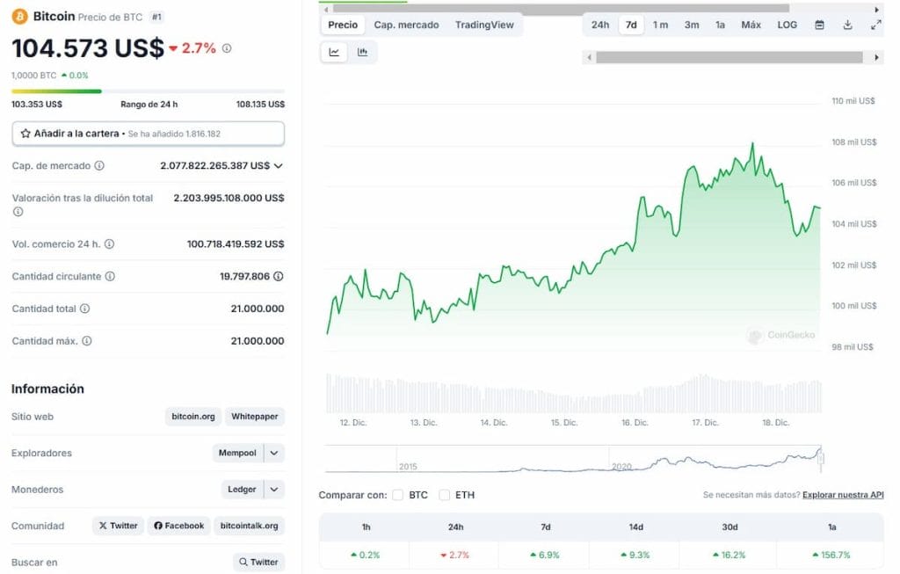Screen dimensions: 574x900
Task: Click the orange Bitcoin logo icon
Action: [19, 16]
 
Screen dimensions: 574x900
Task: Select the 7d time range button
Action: [631, 25]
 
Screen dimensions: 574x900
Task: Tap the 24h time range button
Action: [600, 25]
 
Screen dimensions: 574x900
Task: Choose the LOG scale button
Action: [787, 25]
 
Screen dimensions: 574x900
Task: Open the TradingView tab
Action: [484, 25]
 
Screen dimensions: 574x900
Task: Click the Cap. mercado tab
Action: [406, 25]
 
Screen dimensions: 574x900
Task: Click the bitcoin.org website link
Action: [193, 417]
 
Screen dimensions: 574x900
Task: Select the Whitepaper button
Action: [255, 417]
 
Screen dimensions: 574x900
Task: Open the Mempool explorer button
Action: [238, 453]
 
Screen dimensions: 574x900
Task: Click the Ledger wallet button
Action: [242, 490]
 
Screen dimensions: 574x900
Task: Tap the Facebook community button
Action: [178, 526]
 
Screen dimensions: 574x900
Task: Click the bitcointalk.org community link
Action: [249, 526]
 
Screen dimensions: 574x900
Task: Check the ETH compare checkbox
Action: [445, 495]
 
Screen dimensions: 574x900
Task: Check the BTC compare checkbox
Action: [398, 495]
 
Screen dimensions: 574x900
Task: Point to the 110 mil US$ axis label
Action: [853, 101]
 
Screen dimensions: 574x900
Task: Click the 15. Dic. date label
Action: [564, 423]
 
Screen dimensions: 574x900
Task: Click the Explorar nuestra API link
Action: [843, 495]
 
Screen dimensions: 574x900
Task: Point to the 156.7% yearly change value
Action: [831, 555]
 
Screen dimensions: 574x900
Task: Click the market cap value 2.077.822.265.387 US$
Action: [214, 165]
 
